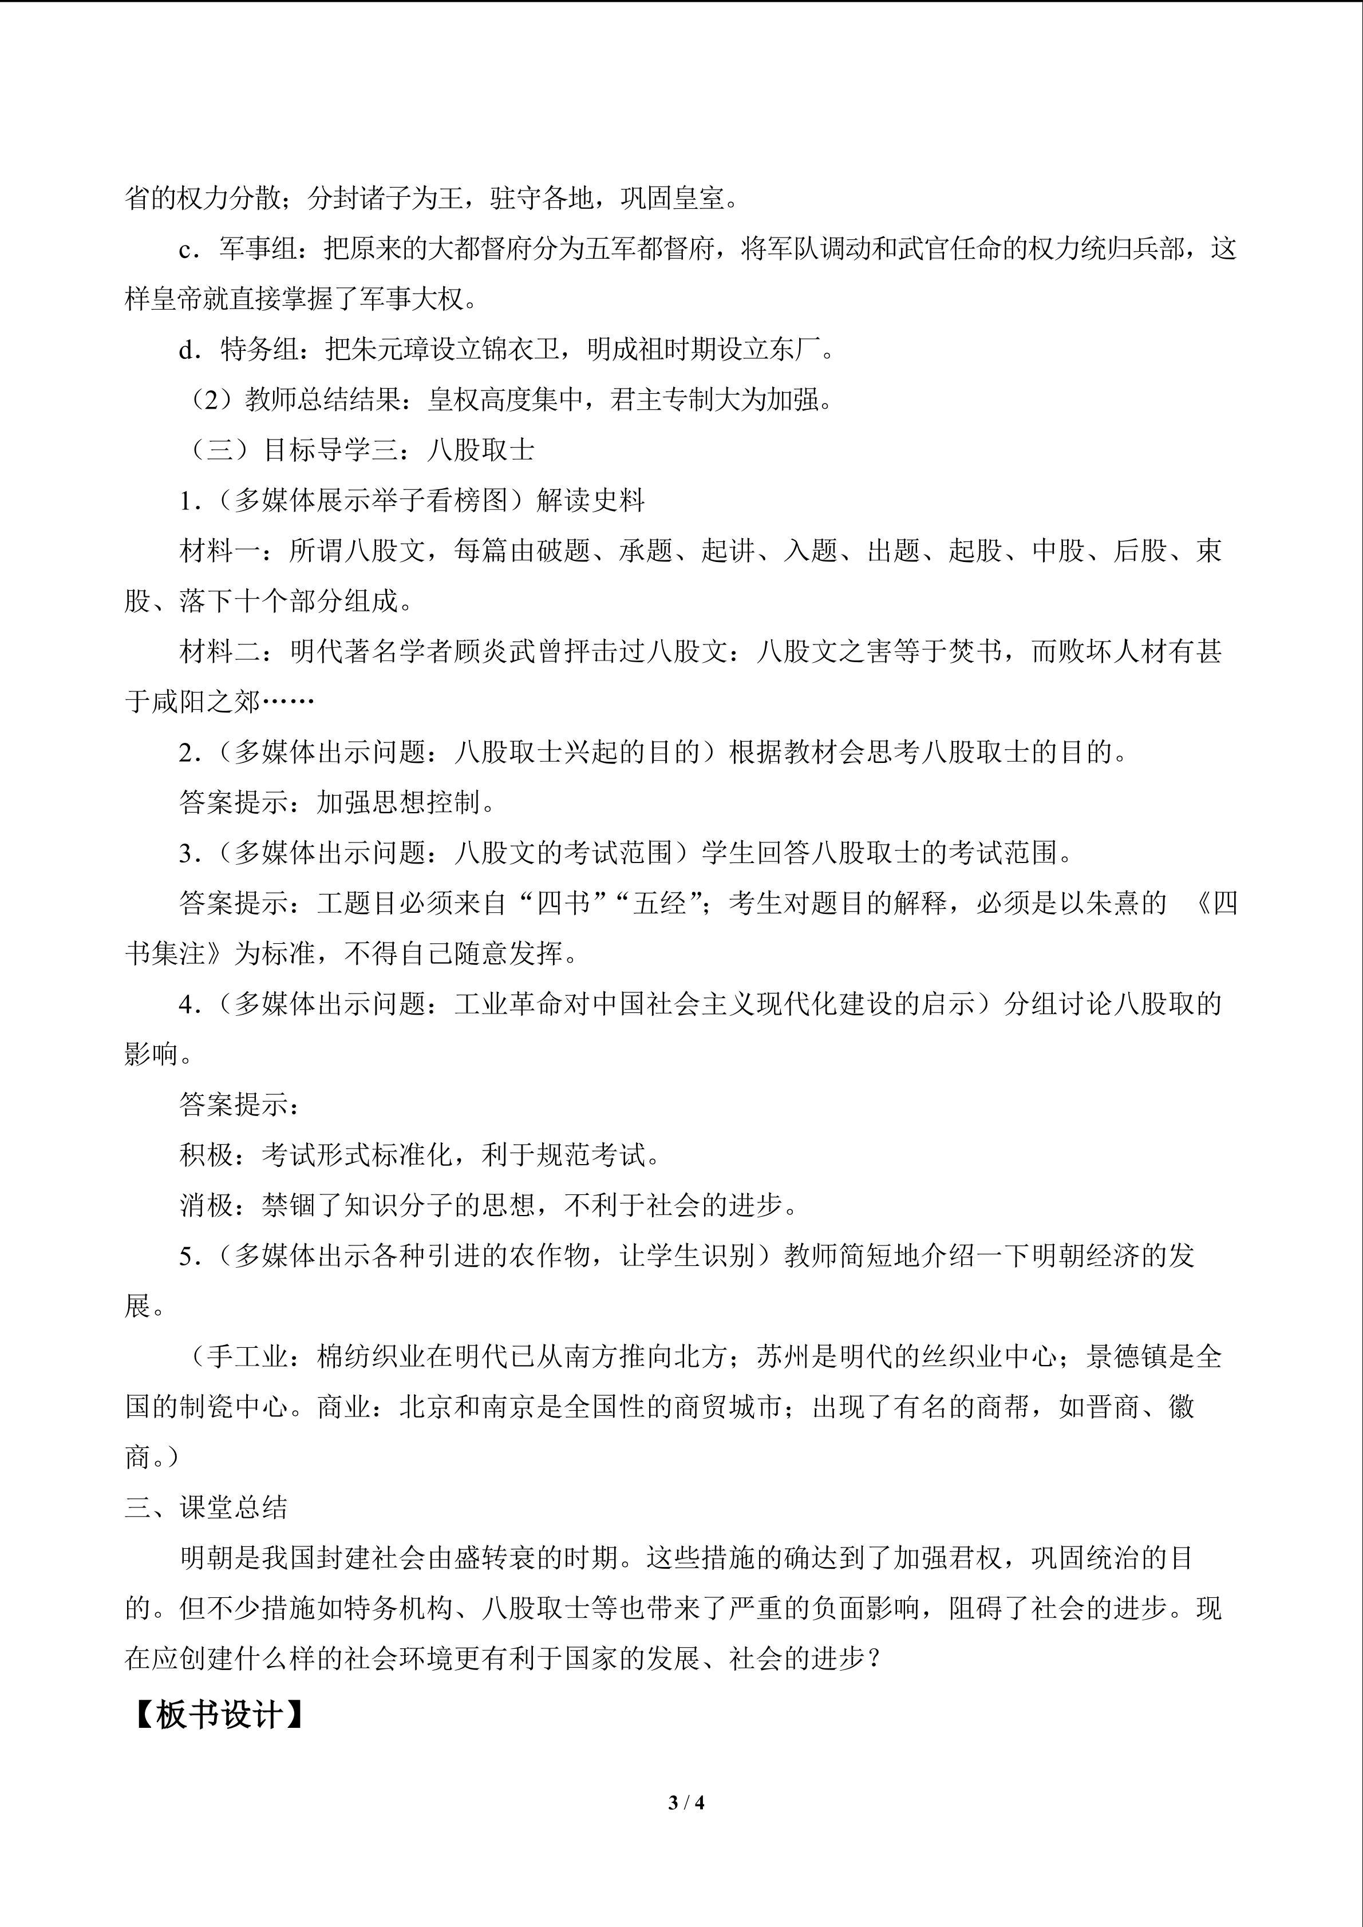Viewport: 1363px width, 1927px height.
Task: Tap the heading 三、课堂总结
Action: (x=207, y=1507)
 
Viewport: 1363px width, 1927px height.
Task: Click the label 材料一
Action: (x=220, y=551)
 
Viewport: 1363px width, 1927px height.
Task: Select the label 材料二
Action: (x=220, y=651)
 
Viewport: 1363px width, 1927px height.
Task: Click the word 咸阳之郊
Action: (x=207, y=702)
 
